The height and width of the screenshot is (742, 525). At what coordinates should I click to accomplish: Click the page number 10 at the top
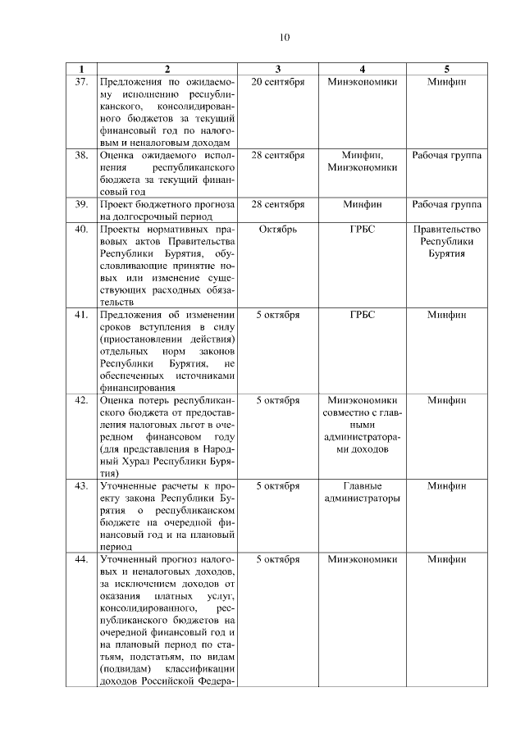pos(284,38)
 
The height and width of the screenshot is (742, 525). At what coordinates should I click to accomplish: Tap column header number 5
pos(446,69)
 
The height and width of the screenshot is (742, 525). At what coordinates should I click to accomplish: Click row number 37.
pos(81,82)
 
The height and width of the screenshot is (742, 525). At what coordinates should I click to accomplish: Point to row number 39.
pos(81,204)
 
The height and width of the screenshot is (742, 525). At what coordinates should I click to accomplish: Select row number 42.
pos(81,400)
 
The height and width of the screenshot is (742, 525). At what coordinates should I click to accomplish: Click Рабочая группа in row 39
pos(447,204)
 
